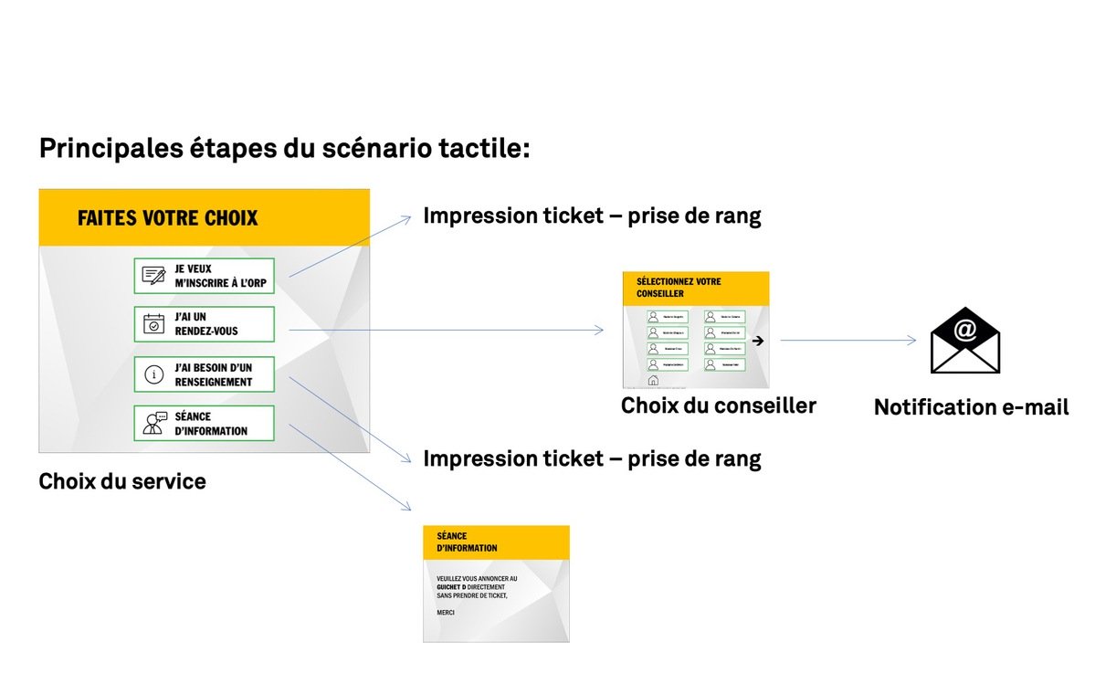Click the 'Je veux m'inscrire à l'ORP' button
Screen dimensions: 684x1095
204,275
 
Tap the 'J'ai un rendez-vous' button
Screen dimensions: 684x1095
204,324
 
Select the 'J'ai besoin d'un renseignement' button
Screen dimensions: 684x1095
204,374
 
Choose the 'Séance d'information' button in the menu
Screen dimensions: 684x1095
204,423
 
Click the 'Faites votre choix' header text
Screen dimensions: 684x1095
167,218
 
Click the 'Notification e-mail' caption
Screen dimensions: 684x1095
971,407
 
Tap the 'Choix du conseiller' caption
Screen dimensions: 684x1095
718,405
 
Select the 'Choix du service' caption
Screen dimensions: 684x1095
121,481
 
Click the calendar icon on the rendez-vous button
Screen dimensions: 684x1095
154,323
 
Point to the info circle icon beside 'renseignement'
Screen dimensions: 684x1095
154,374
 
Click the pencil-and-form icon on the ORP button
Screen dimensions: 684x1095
153,275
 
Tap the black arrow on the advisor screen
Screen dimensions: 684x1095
757,341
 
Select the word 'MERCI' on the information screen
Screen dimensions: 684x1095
446,613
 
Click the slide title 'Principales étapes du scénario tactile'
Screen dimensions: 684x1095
284,148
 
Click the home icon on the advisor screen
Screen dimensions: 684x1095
652,381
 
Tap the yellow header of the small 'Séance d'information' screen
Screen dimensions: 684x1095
496,542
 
